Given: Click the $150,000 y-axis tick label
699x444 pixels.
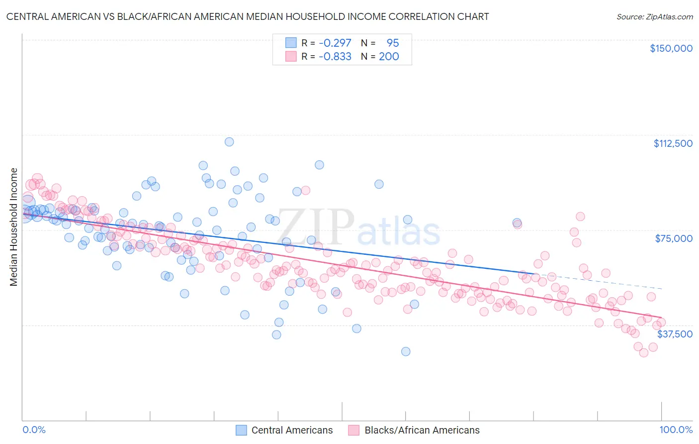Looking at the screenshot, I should pos(671,48).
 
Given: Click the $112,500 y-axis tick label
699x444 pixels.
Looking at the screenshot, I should pos(673,143).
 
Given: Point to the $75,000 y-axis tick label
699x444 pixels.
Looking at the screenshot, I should pos(674,238).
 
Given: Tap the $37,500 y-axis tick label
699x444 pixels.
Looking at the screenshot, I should pos(675,334).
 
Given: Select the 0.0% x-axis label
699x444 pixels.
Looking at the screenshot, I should pos(34,430).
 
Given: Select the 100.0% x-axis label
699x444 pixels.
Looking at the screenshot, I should pos(676,430).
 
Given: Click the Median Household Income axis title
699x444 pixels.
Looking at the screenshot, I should pos(14,227).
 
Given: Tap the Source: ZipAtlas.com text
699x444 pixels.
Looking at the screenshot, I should pos(654,17).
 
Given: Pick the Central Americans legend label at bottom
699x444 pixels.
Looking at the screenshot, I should pos(292,431).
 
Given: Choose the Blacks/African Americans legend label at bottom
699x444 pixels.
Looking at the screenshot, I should pos(422,431).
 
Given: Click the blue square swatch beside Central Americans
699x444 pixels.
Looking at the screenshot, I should pos(241,431).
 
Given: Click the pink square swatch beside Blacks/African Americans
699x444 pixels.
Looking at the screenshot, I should pos(354,431).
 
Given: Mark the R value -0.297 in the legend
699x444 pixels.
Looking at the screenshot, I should pos(335,43).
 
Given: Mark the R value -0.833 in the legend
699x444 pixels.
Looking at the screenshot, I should pos(335,57).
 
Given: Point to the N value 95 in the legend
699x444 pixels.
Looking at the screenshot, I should pos(393,43).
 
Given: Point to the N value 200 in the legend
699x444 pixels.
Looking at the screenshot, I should pos(389,57).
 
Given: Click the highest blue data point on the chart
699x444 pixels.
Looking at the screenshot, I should pos(229,142).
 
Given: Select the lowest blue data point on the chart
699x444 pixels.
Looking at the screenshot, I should pos(406,351).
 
